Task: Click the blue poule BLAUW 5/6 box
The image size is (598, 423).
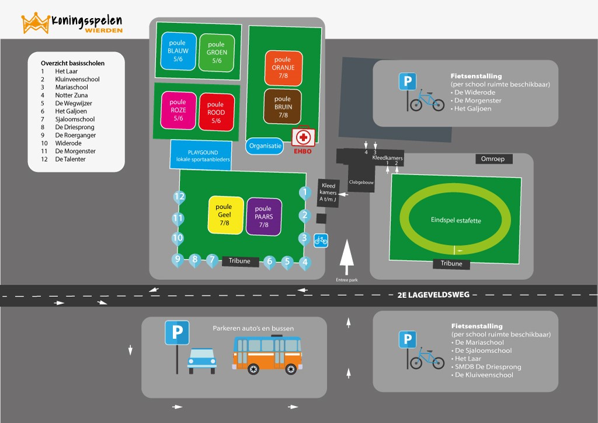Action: click(179, 51)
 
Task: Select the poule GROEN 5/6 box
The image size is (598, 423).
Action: click(217, 53)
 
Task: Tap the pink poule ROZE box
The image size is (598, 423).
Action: click(179, 110)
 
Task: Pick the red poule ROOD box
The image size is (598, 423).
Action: click(216, 112)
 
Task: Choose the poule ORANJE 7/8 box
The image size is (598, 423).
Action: click(283, 68)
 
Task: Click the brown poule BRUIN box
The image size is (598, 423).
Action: click(283, 107)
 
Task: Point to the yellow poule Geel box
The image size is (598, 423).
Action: click(226, 215)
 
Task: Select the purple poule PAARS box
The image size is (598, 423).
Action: click(264, 217)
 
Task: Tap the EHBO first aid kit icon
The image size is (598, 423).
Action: click(303, 137)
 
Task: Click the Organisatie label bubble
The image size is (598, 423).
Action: click(265, 146)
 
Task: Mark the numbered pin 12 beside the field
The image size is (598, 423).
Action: click(179, 197)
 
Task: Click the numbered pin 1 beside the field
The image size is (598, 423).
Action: click(305, 193)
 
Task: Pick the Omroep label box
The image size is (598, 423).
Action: click(494, 159)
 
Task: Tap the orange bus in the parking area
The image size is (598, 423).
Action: click(267, 355)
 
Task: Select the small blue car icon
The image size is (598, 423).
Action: click(201, 361)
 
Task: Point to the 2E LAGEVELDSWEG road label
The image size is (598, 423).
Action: click(433, 295)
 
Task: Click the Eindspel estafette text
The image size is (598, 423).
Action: click(456, 220)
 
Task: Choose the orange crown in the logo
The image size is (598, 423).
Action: click(36, 23)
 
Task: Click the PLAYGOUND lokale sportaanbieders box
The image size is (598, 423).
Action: click(201, 155)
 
